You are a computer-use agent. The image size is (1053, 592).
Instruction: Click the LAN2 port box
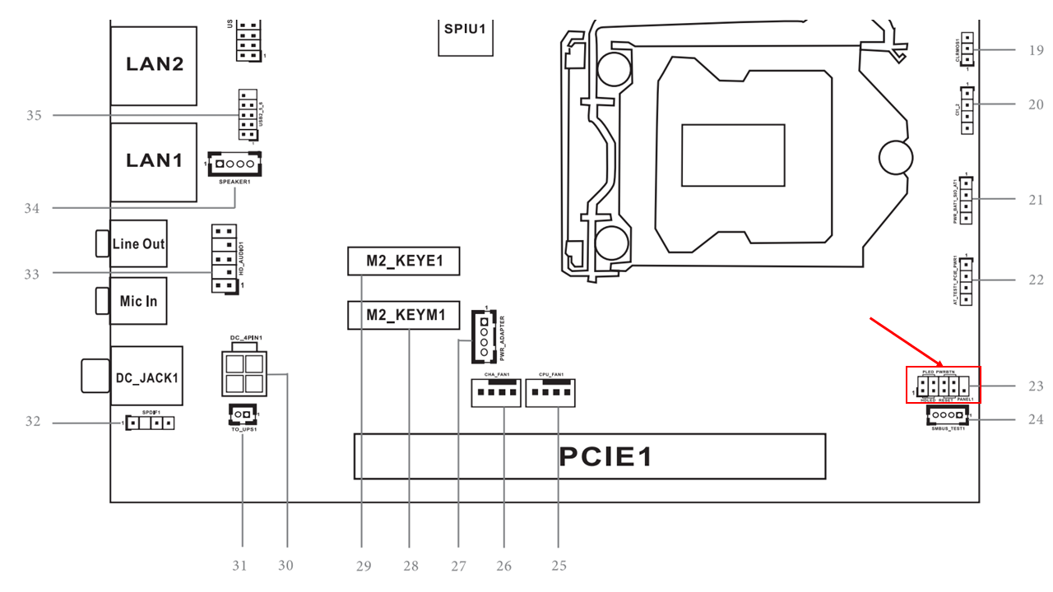154,65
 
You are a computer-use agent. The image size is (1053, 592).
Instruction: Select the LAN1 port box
154,161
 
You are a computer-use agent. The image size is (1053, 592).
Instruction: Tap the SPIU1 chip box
466,30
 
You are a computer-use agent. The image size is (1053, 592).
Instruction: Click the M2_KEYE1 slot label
403,261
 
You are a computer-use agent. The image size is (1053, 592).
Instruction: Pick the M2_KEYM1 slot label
403,315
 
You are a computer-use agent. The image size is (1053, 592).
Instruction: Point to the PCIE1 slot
589,456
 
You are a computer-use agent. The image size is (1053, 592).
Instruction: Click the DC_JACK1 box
146,377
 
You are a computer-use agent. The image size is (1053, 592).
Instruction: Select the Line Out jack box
138,243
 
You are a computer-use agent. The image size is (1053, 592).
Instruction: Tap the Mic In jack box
138,301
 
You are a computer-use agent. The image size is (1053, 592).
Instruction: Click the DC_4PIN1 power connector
243,374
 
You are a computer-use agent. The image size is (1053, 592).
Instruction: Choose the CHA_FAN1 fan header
497,393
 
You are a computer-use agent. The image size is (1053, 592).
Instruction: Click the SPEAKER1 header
234,165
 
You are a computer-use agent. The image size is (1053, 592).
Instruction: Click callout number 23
1035,386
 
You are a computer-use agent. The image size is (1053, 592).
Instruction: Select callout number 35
34,115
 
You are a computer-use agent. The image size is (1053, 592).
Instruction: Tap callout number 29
363,566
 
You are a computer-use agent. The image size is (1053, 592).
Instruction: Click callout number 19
1035,50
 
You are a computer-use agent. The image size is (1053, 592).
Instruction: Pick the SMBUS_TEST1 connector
948,415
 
